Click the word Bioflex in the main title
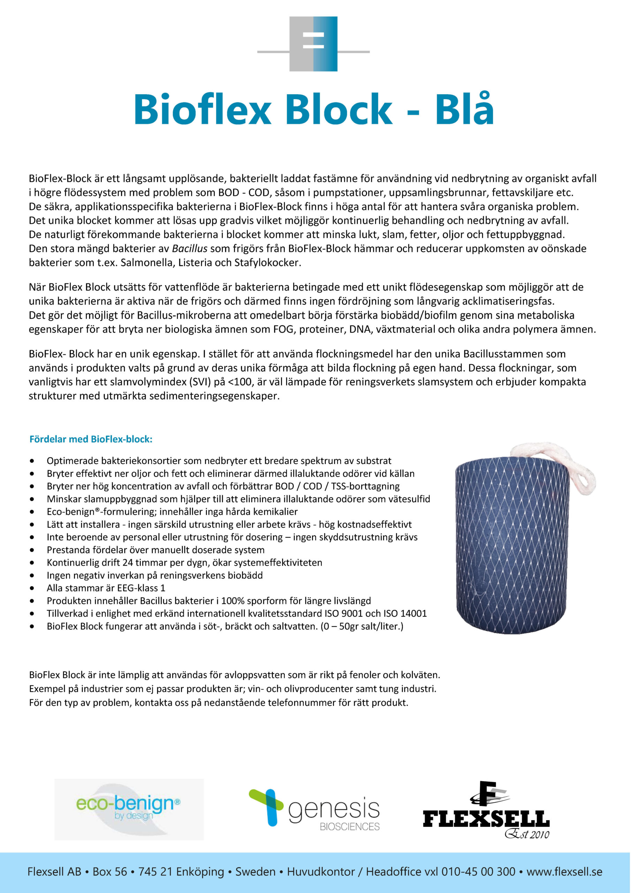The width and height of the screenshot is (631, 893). coord(202,110)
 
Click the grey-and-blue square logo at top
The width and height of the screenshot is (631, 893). coord(313,44)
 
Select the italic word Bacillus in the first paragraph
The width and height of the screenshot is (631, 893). coord(190,248)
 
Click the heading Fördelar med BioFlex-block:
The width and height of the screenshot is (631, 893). coord(91,439)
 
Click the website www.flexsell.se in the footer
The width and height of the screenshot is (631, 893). coord(564,872)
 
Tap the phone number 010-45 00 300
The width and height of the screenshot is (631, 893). coord(478,872)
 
